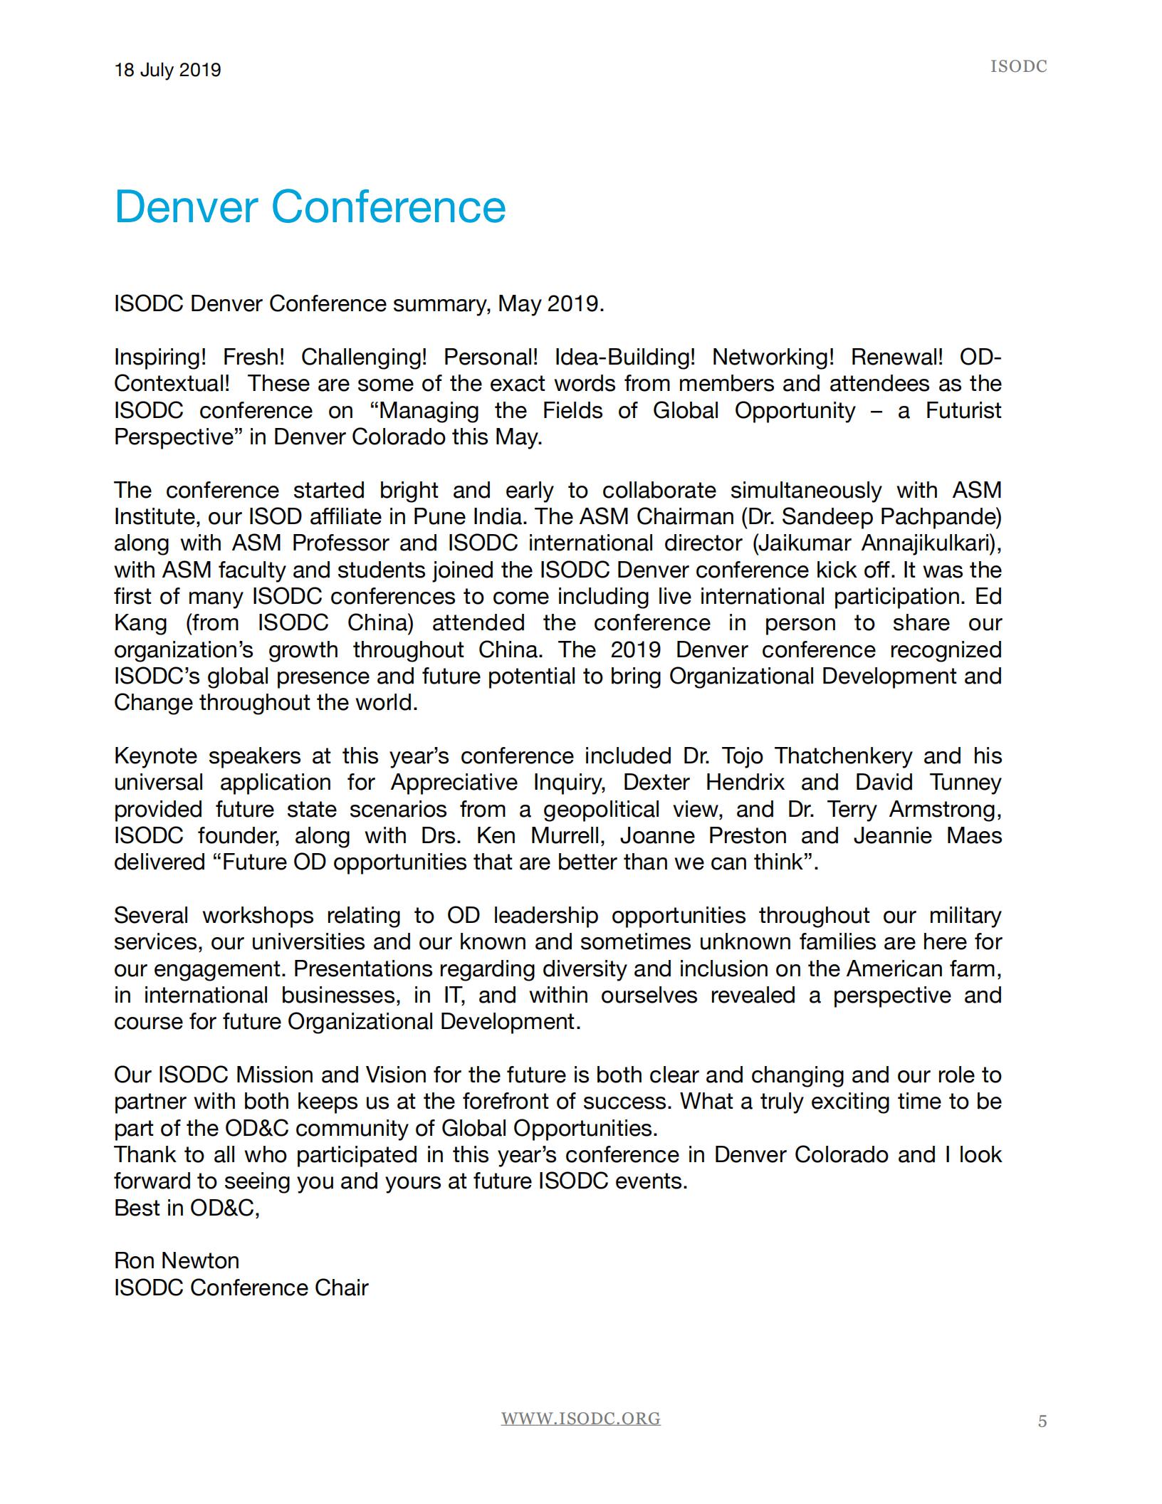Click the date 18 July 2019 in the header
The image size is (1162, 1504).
pos(167,70)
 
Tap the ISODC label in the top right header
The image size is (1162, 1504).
pos(1018,67)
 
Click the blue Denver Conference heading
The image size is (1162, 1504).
pos(310,207)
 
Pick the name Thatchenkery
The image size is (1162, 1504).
pos(843,756)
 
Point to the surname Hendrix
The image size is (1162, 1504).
pos(745,783)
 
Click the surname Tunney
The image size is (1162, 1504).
pos(965,783)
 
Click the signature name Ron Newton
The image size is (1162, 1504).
pos(177,1261)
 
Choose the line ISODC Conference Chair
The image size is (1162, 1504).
pos(241,1288)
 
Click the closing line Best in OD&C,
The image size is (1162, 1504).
pos(187,1208)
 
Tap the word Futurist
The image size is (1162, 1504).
pos(963,410)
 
